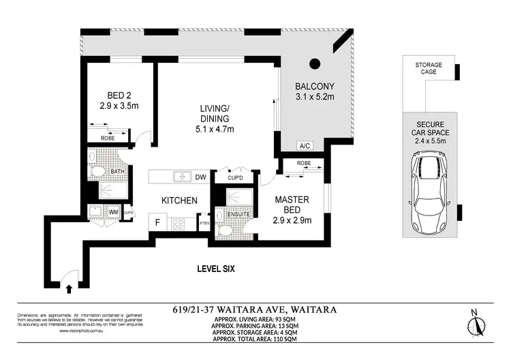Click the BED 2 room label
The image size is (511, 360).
pyautogui.click(x=114, y=101)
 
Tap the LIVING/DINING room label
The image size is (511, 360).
pyautogui.click(x=216, y=119)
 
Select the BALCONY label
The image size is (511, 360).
pyautogui.click(x=314, y=91)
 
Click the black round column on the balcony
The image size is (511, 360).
pyautogui.click(x=314, y=64)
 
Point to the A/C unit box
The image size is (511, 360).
pyautogui.click(x=305, y=146)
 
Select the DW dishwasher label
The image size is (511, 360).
pyautogui.click(x=200, y=177)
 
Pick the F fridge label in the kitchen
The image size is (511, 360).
pyautogui.click(x=157, y=222)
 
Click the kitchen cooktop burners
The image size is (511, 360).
pyautogui.click(x=181, y=223)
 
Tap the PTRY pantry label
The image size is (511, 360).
pyautogui.click(x=204, y=222)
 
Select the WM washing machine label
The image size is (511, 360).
pyautogui.click(x=113, y=213)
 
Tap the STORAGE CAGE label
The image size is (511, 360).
pyautogui.click(x=429, y=69)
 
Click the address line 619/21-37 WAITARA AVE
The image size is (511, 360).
pyautogui.click(x=255, y=310)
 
